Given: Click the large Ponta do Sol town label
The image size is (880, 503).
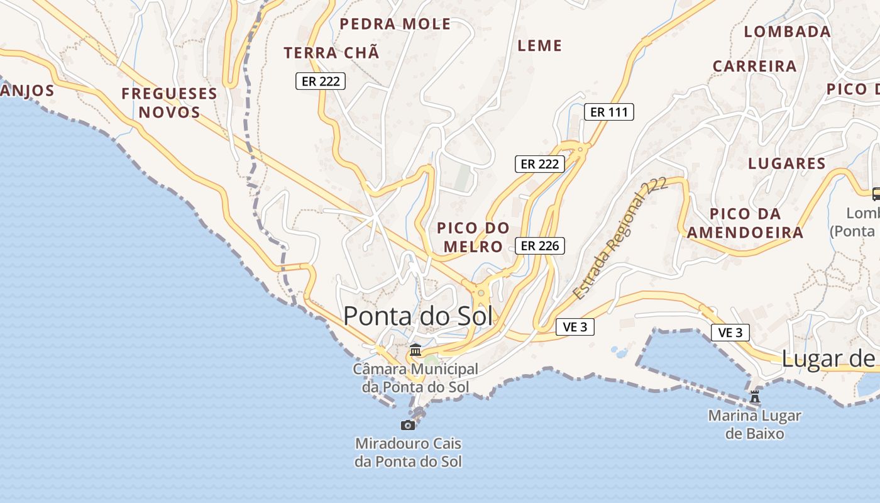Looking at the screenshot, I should point(418,316).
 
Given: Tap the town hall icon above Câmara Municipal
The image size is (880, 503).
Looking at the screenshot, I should point(415,350).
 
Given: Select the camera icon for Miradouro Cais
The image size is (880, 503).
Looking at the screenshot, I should point(408,425).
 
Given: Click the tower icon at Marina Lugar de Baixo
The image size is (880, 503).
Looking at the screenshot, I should point(755,397).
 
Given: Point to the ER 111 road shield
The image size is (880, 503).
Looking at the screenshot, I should point(608,113).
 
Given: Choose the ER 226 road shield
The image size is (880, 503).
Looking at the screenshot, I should point(539,246).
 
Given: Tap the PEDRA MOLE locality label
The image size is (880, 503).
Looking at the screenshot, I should point(395,25).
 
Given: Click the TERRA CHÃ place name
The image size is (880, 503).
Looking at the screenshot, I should point(331,53).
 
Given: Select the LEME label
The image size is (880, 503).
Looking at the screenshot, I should point(539,46).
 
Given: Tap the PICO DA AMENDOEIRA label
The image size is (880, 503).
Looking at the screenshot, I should point(745,223).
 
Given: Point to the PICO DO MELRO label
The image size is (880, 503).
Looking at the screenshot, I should point(473,237).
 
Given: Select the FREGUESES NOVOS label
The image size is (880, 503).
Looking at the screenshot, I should point(169,103).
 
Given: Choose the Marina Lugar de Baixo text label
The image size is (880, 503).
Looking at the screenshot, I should point(754,424).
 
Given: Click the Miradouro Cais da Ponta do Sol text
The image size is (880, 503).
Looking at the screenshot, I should point(408,453).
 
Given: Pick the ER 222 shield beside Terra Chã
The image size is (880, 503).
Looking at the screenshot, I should point(321,81).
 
